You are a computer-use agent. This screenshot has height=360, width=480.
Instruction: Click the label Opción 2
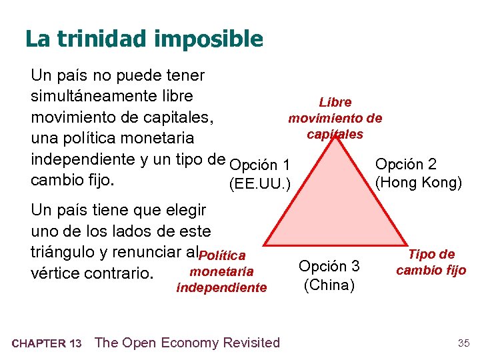point(407,164)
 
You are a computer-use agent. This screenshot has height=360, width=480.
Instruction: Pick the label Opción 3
point(329,266)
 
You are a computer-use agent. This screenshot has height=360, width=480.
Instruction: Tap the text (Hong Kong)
point(419,182)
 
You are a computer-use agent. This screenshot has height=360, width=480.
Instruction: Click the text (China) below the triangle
point(329,285)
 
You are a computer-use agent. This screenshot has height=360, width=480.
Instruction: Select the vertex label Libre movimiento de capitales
point(335,118)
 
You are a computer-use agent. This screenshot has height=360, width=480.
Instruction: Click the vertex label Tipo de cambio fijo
point(431,262)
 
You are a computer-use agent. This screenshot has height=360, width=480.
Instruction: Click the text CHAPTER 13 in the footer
point(47,344)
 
